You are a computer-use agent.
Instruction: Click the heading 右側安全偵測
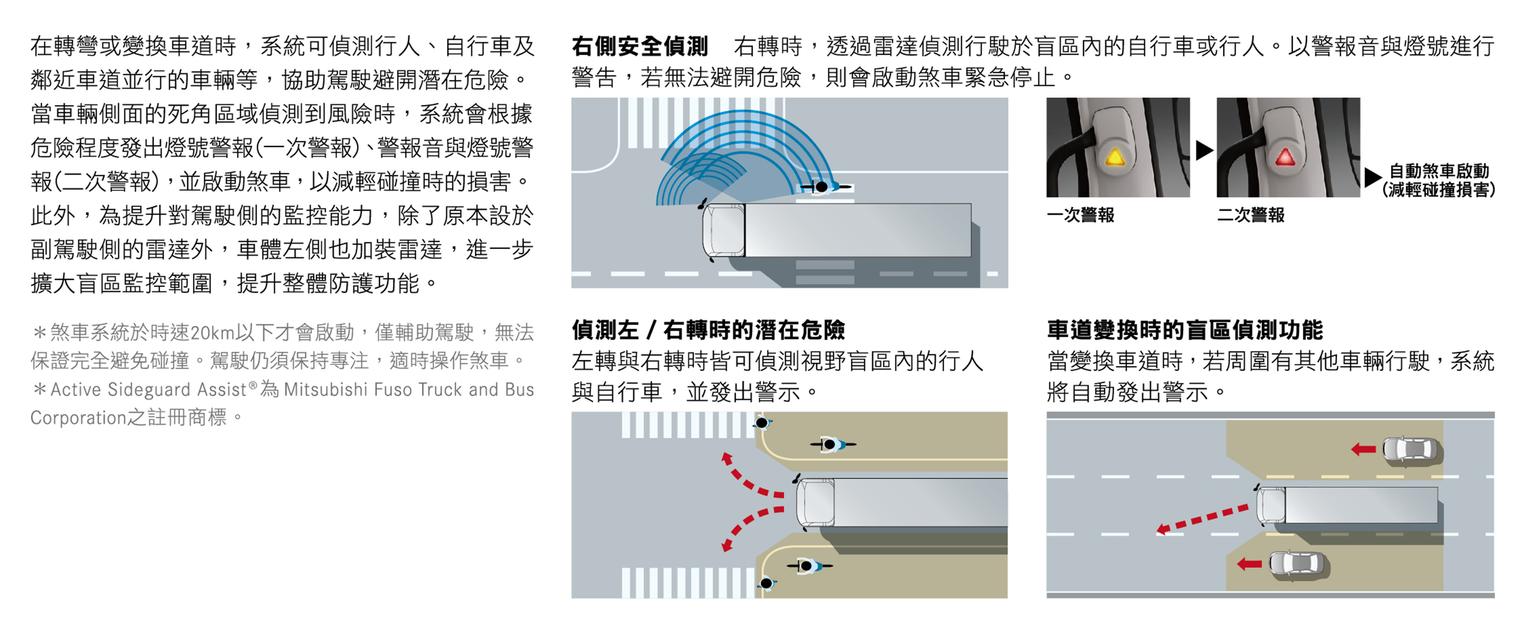click(640, 46)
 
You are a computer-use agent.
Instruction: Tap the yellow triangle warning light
click(1115, 157)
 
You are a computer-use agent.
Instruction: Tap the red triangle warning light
click(1285, 157)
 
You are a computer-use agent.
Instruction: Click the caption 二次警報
click(1251, 215)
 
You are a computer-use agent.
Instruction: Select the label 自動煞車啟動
click(1439, 171)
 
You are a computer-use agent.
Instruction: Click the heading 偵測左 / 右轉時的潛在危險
click(708, 330)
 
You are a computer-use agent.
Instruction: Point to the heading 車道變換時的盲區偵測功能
click(1185, 330)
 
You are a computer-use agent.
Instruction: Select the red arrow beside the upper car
click(1364, 450)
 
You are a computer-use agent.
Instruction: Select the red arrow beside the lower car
click(1250, 564)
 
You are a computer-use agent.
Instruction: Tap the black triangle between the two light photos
click(1204, 150)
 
